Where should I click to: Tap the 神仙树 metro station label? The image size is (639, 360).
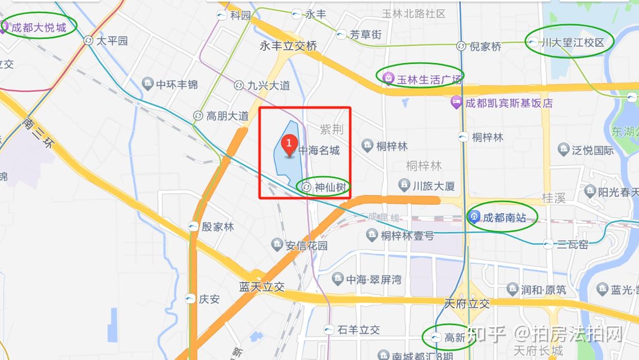click(x=330, y=187)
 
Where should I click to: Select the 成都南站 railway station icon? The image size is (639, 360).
click(x=474, y=218)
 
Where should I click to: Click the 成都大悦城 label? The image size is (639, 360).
click(x=39, y=27)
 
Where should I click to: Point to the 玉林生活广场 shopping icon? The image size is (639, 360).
click(x=388, y=78)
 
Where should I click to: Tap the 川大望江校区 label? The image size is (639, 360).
click(x=572, y=43)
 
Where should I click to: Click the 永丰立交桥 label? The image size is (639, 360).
click(x=288, y=46)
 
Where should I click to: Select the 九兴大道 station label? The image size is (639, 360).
click(x=268, y=86)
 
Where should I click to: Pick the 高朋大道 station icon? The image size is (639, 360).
click(x=198, y=116)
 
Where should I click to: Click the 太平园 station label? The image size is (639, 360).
click(x=112, y=40)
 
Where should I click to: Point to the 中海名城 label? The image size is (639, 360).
click(x=319, y=151)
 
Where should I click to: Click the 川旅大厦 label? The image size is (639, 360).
click(x=434, y=186)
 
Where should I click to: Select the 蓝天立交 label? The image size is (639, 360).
click(x=262, y=287)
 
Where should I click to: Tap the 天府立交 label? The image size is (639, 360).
click(x=467, y=304)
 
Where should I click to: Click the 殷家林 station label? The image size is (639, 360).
click(x=217, y=226)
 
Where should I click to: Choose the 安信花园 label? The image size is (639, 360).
click(x=306, y=245)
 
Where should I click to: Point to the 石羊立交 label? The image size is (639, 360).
click(x=358, y=330)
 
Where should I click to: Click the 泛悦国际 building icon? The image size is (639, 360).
click(x=564, y=150)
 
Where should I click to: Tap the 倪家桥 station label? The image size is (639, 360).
click(x=485, y=47)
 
